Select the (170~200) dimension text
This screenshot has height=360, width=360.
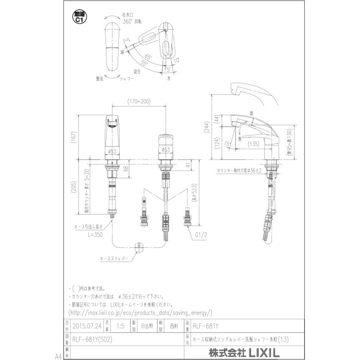139,102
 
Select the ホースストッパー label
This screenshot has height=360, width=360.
114,259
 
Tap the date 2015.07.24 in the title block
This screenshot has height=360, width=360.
86,326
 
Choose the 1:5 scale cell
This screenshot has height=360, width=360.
120,326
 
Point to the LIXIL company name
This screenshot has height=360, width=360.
244,353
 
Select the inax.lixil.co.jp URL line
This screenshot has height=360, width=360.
140,312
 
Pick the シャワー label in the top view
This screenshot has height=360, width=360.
127,79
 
